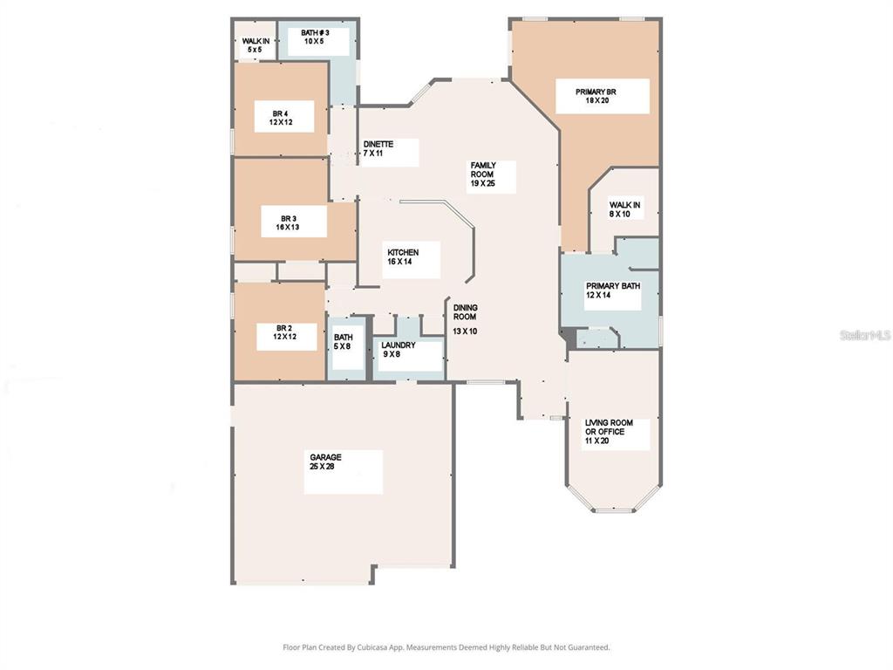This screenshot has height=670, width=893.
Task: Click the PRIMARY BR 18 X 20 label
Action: pyautogui.click(x=602, y=96)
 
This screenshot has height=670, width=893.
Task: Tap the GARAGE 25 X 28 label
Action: pyautogui.click(x=343, y=471)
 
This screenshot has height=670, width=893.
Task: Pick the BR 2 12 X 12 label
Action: pyautogui.click(x=285, y=336)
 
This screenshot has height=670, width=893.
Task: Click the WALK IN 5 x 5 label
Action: pyautogui.click(x=256, y=45)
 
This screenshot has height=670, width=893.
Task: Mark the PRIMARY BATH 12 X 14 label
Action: pyautogui.click(x=613, y=291)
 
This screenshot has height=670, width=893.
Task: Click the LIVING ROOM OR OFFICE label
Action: pyautogui.click(x=616, y=434)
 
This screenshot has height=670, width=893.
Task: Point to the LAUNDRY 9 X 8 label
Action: pyautogui.click(x=399, y=350)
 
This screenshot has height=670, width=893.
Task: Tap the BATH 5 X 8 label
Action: pyautogui.click(x=343, y=342)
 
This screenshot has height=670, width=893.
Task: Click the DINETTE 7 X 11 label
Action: pyautogui.click(x=379, y=149)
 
